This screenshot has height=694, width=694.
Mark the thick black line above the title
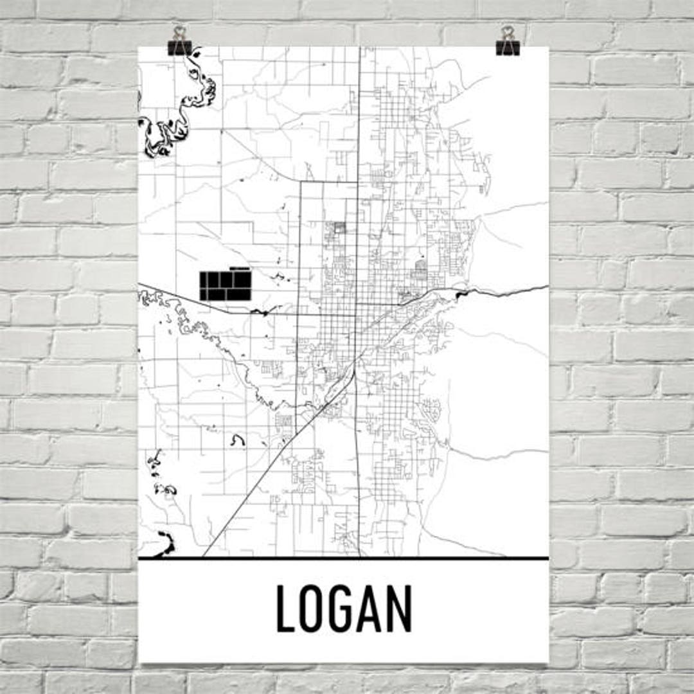[x=344, y=558]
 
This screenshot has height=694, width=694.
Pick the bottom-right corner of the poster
[x=548, y=662]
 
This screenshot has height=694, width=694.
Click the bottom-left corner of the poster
[x=140, y=662]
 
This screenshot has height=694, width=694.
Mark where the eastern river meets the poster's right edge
[x=547, y=287]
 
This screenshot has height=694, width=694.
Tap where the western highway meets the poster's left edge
[x=139, y=284]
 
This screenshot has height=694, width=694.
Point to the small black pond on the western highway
[x=260, y=312]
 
